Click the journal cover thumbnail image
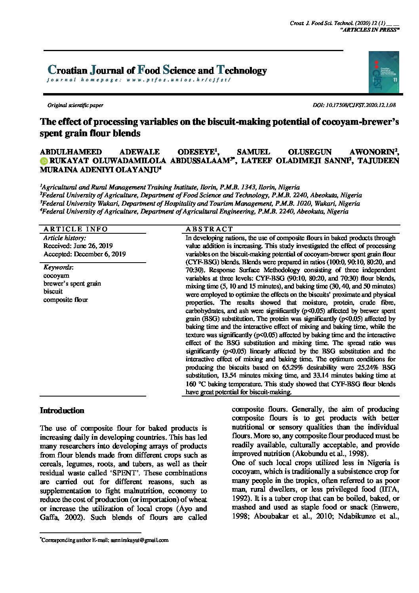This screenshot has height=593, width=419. (384, 72)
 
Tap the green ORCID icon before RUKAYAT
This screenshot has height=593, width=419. (44, 161)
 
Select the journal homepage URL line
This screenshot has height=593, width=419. (139, 80)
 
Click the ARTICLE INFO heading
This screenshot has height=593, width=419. (76, 229)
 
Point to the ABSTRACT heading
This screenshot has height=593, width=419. (209, 229)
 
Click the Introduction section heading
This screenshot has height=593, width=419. (62, 411)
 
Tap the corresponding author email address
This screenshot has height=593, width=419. (139, 540)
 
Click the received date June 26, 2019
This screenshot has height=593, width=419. (78, 246)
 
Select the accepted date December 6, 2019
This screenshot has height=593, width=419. (85, 254)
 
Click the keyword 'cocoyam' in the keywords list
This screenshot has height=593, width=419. (56, 275)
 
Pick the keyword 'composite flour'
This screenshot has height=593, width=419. (66, 300)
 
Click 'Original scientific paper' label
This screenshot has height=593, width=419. (75, 105)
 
